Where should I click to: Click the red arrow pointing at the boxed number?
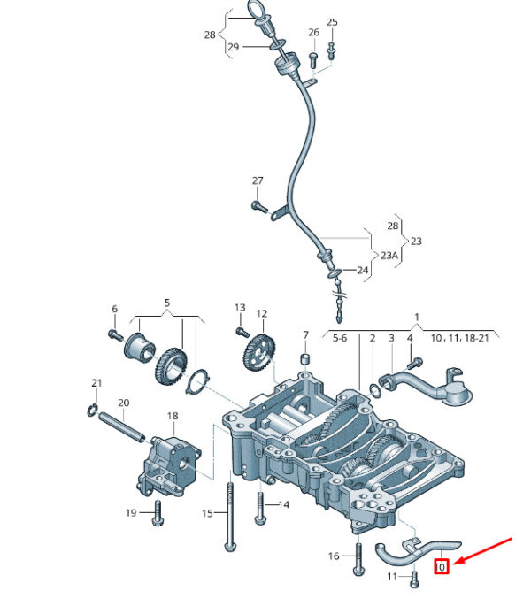point(484,551)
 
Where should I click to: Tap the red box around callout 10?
point(442,566)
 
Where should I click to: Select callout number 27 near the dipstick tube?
point(258,180)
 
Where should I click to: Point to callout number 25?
point(332,22)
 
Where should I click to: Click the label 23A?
point(389,256)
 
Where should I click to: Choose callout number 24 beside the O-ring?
point(363,270)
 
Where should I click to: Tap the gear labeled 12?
point(259,351)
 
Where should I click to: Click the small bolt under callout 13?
point(242,333)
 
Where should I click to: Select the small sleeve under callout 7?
point(305,358)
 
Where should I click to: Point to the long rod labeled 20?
point(121,427)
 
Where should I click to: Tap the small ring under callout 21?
point(92,411)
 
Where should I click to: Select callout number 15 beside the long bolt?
point(207,513)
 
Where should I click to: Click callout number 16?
point(334,556)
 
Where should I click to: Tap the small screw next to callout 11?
point(415,579)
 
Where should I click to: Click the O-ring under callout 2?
point(374,390)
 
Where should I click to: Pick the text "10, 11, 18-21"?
point(460,338)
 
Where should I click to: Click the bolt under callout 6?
point(116,334)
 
